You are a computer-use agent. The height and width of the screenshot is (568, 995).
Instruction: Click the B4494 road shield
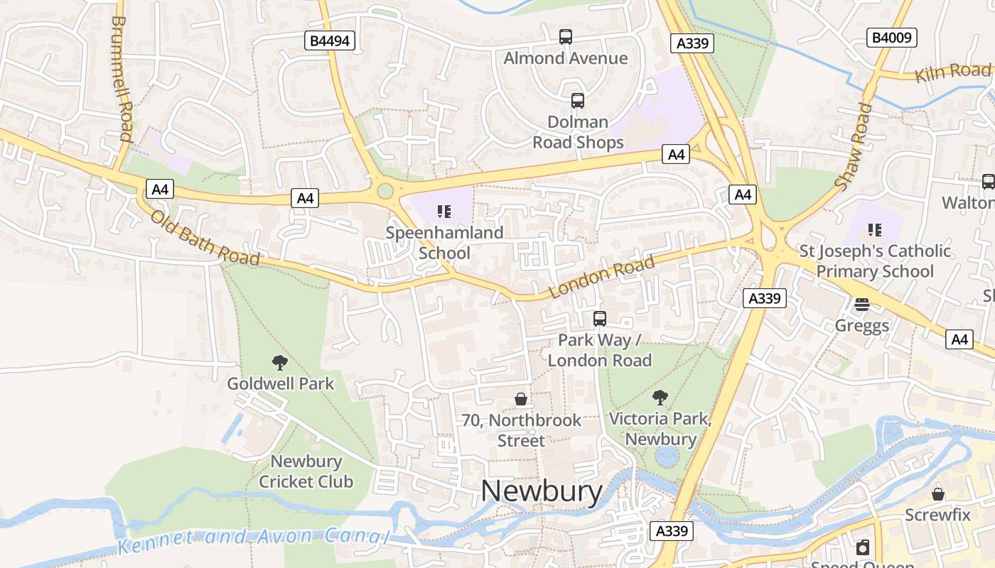[330, 40]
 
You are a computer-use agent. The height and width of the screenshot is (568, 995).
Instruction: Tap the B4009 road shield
[892, 38]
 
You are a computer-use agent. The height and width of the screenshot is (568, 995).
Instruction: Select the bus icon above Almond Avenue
[566, 37]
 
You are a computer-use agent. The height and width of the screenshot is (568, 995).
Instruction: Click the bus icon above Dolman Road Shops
[578, 101]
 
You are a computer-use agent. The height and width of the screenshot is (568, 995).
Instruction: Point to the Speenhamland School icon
[444, 211]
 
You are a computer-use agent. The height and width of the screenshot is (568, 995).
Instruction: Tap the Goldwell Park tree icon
[280, 363]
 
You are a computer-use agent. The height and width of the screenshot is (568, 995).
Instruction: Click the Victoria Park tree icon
[660, 398]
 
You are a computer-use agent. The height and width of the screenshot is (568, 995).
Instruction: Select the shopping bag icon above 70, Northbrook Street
[521, 399]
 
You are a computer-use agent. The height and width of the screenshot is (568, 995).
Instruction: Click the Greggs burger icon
[862, 305]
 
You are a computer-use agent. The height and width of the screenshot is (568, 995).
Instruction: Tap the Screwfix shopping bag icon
[938, 493]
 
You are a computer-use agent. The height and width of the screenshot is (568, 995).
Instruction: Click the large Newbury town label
[542, 491]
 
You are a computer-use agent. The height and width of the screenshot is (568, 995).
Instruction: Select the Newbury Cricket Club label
[306, 471]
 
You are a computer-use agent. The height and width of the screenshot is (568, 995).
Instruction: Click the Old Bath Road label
[205, 236]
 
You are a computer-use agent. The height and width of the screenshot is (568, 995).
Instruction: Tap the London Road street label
[601, 277]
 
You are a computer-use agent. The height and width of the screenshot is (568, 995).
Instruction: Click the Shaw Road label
[854, 146]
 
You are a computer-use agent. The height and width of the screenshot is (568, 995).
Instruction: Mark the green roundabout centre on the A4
[385, 191]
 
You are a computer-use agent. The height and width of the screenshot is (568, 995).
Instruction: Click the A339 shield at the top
[692, 43]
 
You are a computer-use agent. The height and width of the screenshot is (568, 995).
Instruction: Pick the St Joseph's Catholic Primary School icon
[874, 229]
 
